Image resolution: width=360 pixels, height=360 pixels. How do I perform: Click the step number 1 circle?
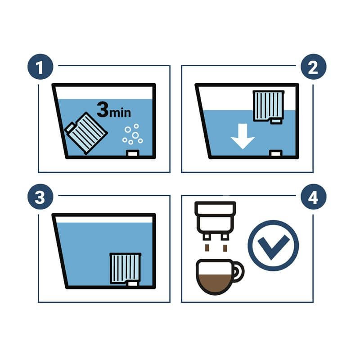pyautogui.click(x=40, y=67)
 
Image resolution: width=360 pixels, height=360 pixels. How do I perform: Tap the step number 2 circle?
pyautogui.click(x=313, y=67)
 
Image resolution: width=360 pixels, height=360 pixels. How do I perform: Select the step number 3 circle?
pyautogui.click(x=40, y=197)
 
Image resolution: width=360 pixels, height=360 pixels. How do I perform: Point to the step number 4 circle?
pyautogui.click(x=313, y=197)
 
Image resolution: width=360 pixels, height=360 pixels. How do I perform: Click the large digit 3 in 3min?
pyautogui.click(x=103, y=109)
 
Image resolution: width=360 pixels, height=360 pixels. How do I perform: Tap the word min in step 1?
pyautogui.click(x=120, y=112)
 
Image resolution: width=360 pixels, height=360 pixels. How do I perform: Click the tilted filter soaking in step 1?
pyautogui.click(x=86, y=133)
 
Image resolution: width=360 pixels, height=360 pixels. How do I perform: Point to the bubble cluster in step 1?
pyautogui.click(x=133, y=134)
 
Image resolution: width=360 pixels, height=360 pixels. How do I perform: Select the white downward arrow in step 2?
pyautogui.click(x=243, y=136)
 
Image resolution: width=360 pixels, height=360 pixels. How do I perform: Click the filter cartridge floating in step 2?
pyautogui.click(x=268, y=107)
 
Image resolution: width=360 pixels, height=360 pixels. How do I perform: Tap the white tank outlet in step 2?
pyautogui.click(x=275, y=153)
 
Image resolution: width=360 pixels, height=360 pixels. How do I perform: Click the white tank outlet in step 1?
pyautogui.click(x=132, y=153)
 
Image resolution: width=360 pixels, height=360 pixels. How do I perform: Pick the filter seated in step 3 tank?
pyautogui.click(x=126, y=269)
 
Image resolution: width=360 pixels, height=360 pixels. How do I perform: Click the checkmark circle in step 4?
pyautogui.click(x=273, y=246)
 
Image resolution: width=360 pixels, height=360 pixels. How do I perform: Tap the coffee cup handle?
pyautogui.click(x=239, y=272)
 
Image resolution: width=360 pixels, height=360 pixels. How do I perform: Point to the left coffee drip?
pyautogui.click(x=207, y=248)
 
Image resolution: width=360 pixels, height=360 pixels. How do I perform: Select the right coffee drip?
pyautogui.click(x=225, y=248)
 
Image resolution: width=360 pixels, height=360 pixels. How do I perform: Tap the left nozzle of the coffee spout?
pyautogui.click(x=207, y=237)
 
